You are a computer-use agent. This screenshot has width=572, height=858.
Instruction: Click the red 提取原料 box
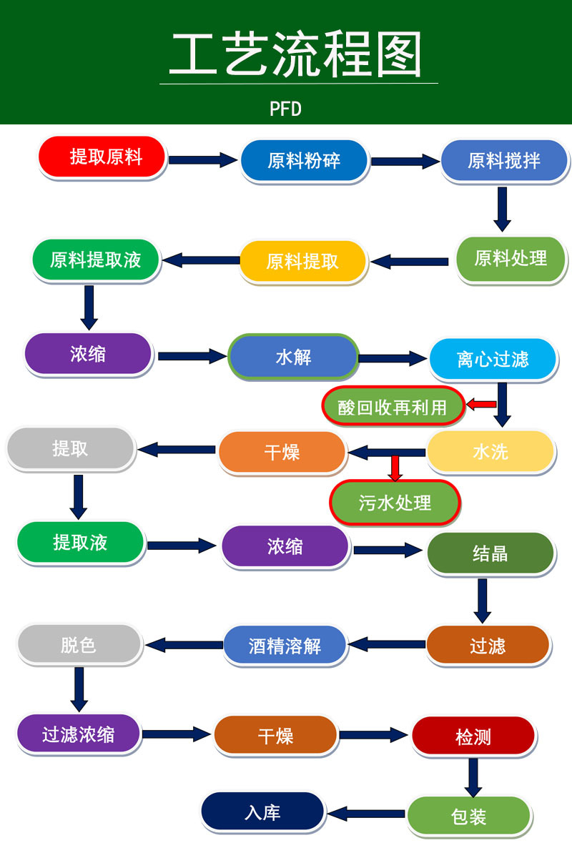(x=102, y=157)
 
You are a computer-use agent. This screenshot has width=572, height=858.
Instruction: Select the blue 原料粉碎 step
(x=304, y=160)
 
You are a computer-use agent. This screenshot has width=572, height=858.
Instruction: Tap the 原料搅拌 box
(x=504, y=159)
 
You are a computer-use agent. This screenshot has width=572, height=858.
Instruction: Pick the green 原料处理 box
(x=511, y=258)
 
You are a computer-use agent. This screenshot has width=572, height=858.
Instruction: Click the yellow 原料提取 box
(x=302, y=261)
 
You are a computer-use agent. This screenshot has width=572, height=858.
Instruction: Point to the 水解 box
(x=293, y=356)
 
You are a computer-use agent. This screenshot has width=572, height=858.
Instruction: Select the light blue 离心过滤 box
(x=493, y=358)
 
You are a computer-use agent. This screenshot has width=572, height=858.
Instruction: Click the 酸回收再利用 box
(x=393, y=406)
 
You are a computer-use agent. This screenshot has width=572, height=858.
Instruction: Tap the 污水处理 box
(x=395, y=502)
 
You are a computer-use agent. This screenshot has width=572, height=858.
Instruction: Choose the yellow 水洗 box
(x=490, y=451)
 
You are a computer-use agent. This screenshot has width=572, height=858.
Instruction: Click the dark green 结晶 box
(x=490, y=553)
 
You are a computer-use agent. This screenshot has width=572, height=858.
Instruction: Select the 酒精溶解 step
(x=285, y=646)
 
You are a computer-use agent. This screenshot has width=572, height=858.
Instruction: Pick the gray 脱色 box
(x=78, y=644)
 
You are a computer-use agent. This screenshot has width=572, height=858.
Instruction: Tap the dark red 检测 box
(x=473, y=736)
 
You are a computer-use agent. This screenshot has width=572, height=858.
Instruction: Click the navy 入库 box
(x=262, y=812)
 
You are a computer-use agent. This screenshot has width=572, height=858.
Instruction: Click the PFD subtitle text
(x=286, y=109)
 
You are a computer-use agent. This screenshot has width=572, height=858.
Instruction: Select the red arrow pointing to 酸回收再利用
(x=482, y=405)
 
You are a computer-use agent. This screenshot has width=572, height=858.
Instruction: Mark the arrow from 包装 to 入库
(x=366, y=814)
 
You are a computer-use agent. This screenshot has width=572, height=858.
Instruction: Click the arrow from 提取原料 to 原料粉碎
(x=202, y=159)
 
